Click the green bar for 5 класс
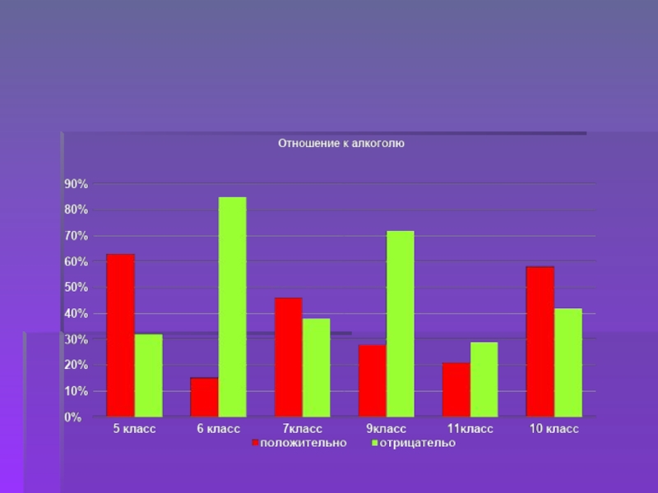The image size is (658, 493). point(149,375)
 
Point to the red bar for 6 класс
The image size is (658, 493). point(204,397)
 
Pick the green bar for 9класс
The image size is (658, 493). point(400,324)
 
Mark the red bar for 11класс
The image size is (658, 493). point(456,389)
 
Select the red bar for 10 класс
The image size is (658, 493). point(540,342)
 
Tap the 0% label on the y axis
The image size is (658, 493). point(73,417)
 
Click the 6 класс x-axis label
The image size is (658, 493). point(218,429)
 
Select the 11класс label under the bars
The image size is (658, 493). point(470,429)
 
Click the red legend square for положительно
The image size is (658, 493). point(255,444)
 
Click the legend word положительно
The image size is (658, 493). point(304,443)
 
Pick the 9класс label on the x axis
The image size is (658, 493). point(386,429)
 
